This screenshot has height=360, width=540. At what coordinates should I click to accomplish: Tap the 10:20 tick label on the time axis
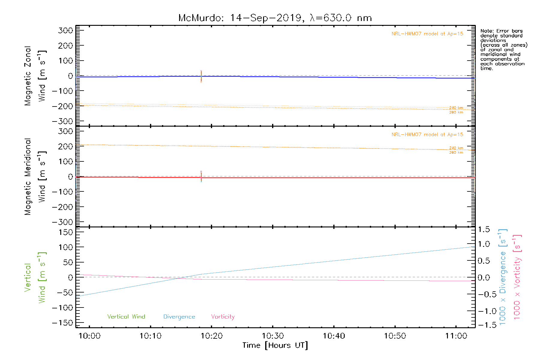[211, 336]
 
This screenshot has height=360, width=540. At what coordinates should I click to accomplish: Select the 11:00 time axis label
[456, 336]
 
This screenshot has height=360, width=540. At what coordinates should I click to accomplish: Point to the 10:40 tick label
[334, 336]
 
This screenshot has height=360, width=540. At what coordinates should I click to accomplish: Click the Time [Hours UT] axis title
[275, 346]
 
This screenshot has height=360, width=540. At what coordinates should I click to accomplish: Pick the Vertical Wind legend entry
[126, 317]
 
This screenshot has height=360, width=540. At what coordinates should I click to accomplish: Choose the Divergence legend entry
[179, 317]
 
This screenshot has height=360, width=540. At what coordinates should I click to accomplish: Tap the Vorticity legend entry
[223, 317]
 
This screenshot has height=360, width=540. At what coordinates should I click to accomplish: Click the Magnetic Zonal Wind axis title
[35, 76]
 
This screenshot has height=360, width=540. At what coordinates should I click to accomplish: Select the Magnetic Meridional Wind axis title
[35, 177]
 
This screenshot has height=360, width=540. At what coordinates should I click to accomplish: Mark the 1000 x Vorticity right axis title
[517, 277]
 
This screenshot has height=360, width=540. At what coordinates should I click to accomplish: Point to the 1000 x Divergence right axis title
[503, 277]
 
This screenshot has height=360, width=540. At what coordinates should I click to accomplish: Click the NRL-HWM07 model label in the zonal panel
[427, 34]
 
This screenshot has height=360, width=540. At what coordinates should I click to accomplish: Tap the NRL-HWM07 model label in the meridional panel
[427, 135]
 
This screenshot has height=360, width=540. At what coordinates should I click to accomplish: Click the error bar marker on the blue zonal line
[201, 76]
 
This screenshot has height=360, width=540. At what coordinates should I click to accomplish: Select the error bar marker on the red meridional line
[201, 177]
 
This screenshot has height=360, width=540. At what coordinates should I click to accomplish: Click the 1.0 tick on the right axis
[484, 244]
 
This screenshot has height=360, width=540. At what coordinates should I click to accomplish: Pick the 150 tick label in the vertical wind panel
[66, 232]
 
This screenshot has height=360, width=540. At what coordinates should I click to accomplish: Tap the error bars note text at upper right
[503, 49]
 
